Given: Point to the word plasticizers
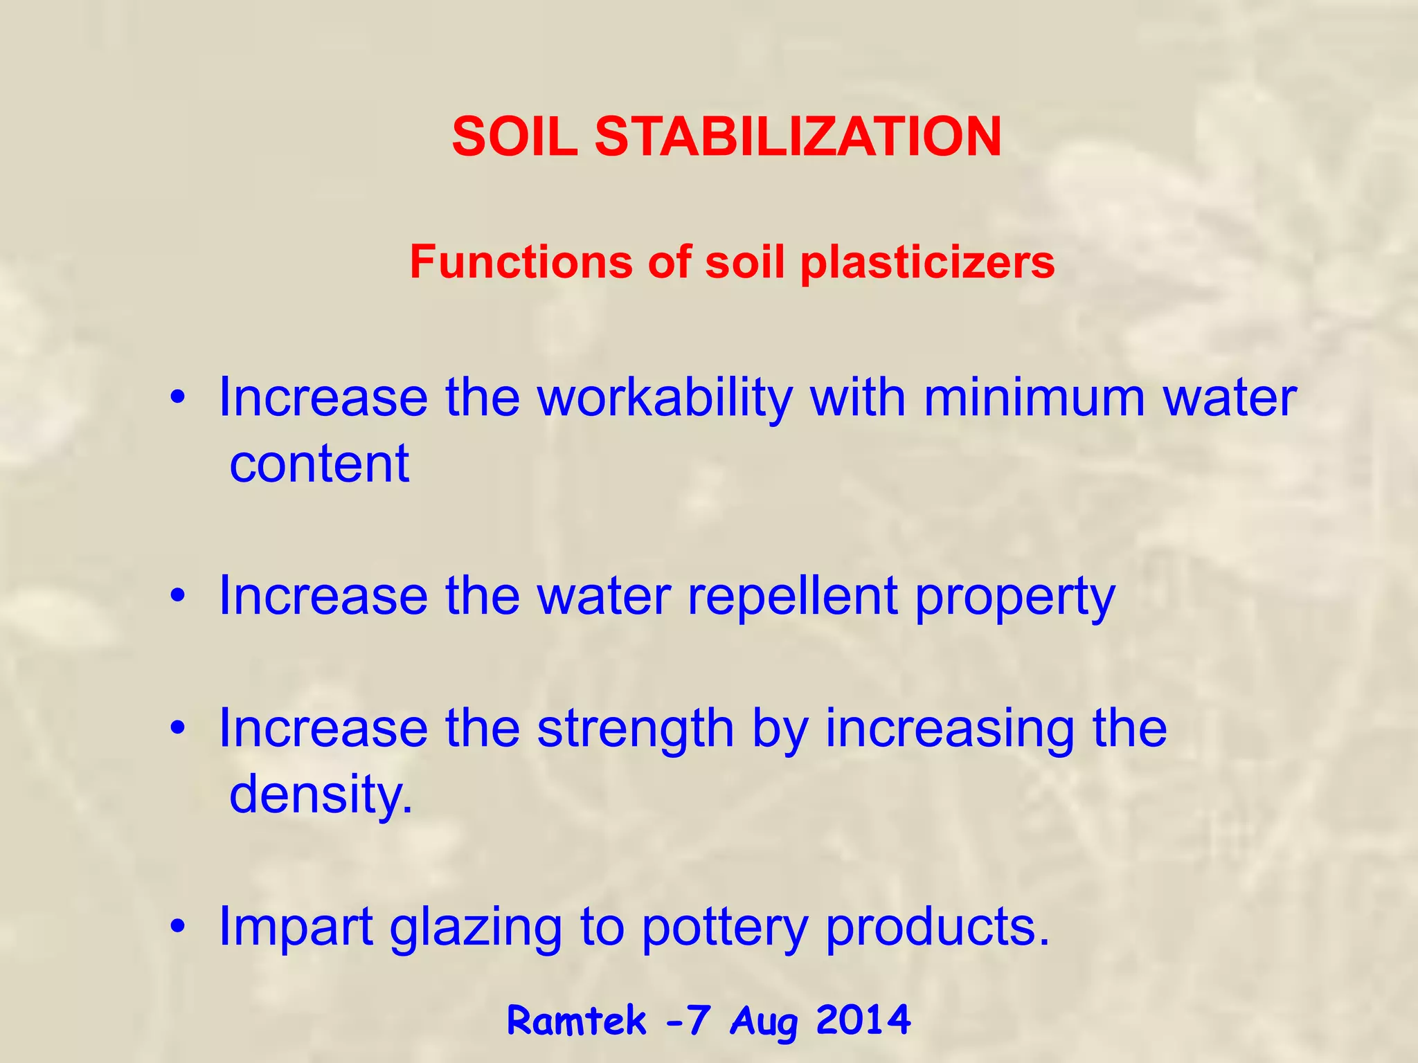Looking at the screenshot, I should tap(927, 264).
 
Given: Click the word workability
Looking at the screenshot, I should tap(665, 399).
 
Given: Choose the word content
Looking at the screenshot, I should tap(319, 464).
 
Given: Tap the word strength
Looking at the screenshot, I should tap(636, 731).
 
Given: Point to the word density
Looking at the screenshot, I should tap(321, 794).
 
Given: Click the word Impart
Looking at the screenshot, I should tap(296, 927).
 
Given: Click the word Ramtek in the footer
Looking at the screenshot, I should tap(577, 1021).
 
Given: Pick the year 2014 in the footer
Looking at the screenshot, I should tap(863, 1020).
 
